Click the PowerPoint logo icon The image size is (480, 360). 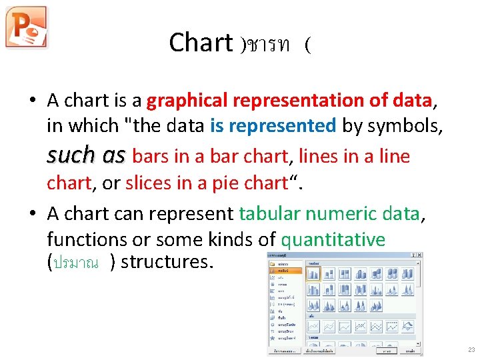(x=26, y=27)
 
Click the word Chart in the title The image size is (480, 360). (x=200, y=43)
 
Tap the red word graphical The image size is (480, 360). (x=188, y=101)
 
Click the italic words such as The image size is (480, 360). (x=86, y=156)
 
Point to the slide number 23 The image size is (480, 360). (x=471, y=350)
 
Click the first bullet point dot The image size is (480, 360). (x=31, y=101)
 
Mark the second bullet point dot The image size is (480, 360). (x=31, y=214)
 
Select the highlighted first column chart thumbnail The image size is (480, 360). (x=313, y=273)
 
